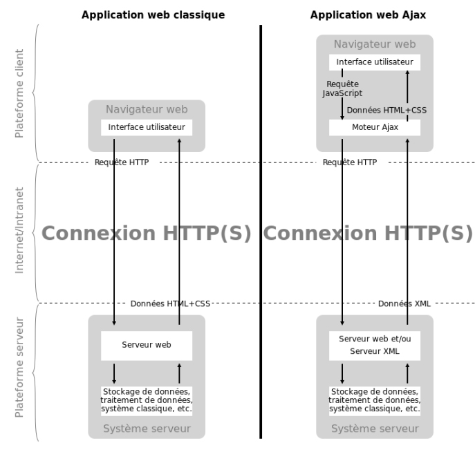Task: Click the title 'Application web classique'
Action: coord(153,15)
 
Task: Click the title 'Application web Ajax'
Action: coord(368,15)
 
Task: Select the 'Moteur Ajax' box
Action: coord(375,127)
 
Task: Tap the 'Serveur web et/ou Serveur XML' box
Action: coord(375,346)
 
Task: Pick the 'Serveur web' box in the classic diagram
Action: coord(147,346)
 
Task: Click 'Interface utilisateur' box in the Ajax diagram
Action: coord(375,62)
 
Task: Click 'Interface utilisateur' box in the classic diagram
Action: coord(147,127)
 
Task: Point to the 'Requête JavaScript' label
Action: coord(342,88)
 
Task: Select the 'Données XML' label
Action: coord(404,303)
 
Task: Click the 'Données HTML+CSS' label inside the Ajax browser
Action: coord(386,110)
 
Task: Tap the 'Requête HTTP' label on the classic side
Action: coord(122,162)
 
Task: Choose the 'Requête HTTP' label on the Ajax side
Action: coord(350,162)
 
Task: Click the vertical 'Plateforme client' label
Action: coord(19,93)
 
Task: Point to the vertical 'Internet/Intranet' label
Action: coord(19,230)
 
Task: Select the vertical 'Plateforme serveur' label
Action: coord(19,367)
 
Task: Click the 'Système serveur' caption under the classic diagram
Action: coord(147,429)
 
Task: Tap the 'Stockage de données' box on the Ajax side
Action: coord(375,400)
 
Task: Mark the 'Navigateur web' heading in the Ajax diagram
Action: coord(375,44)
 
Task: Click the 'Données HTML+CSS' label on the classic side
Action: coord(170,303)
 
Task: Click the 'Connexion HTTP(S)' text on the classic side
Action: coord(147,233)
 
